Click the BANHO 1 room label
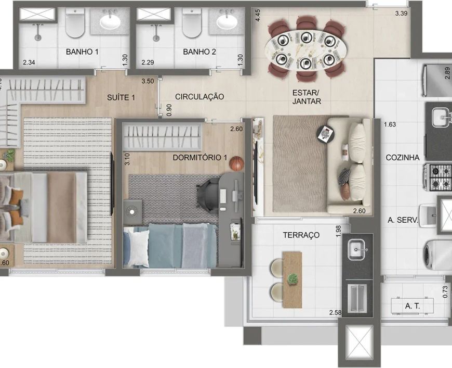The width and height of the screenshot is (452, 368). [82, 52]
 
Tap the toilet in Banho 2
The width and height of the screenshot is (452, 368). [192, 23]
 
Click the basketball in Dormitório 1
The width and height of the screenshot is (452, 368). [237, 164]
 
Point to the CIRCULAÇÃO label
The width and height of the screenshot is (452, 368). [200, 97]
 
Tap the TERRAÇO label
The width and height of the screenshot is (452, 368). [301, 235]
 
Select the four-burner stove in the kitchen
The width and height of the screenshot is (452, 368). [438, 177]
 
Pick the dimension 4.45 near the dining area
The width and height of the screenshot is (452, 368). [258, 15]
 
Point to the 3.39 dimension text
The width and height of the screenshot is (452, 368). [401, 13]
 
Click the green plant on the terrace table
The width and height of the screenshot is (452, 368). [293, 279]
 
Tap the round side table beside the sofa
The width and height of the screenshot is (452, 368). [326, 134]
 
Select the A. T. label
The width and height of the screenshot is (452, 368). [412, 306]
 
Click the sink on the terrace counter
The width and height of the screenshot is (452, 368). [357, 249]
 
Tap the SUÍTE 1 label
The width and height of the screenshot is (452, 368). [121, 98]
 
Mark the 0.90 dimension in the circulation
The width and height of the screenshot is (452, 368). [169, 109]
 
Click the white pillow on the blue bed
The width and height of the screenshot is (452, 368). [138, 248]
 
